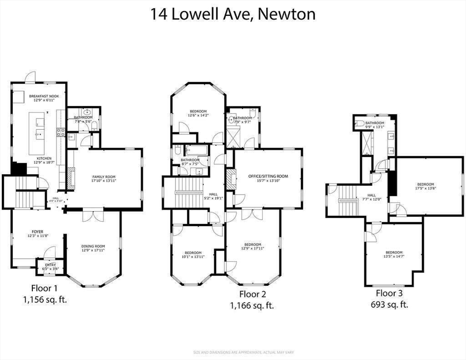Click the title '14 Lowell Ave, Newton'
point(233,14)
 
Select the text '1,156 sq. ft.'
point(45,299)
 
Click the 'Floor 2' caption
point(252,294)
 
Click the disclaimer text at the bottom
point(233,352)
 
